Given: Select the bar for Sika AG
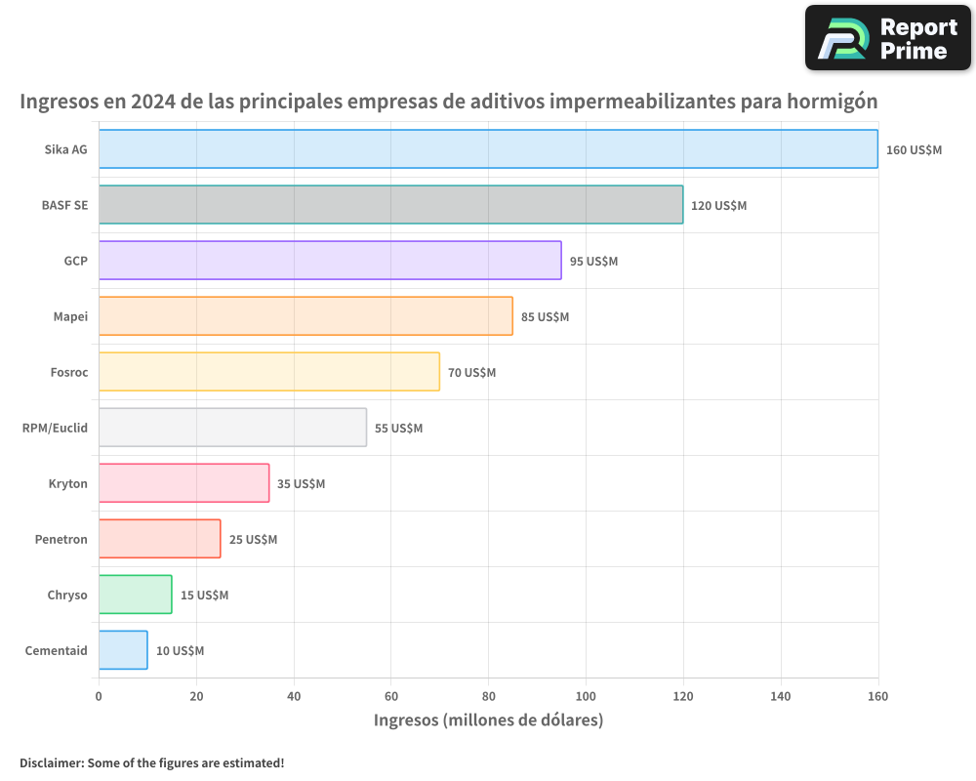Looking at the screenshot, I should [488, 149].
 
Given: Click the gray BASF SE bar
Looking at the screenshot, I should [390, 205].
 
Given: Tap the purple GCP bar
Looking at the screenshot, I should [330, 261].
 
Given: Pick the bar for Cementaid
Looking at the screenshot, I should [123, 650].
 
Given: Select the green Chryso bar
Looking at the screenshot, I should [135, 595].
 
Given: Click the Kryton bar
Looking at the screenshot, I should [183, 483].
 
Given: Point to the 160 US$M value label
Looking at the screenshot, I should [914, 150].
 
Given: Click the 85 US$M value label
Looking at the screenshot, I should [545, 317].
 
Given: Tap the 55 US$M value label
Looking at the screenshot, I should [398, 429].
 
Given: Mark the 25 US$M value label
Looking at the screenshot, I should [253, 540].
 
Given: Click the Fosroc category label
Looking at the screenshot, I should [68, 372].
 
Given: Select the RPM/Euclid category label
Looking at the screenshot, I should [55, 428].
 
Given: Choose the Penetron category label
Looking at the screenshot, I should [61, 539].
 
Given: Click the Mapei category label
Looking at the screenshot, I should [70, 316].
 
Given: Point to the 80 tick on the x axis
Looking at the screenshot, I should [488, 696].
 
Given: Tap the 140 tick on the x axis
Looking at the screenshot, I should [781, 696].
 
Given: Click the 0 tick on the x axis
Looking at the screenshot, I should [99, 696].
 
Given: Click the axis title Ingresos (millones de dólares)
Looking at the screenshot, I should [488, 720].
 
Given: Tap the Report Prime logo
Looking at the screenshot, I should [887, 38].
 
